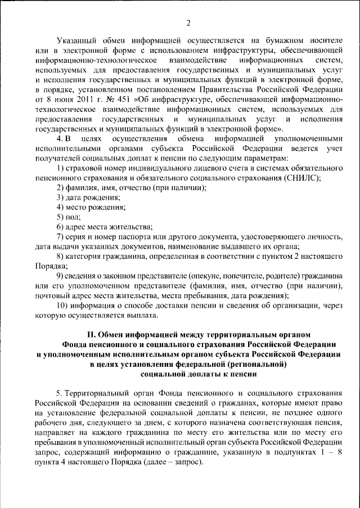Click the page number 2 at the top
click(x=188, y=23)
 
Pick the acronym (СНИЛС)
click(x=301, y=178)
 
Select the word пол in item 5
click(x=74, y=217)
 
